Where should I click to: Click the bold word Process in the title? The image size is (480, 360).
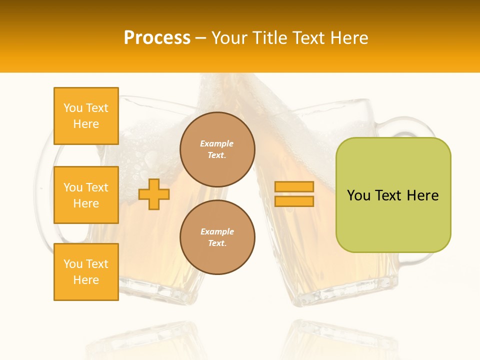point(157,38)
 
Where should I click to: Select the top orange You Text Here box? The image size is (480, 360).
point(86,116)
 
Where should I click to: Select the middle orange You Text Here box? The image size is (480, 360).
point(86,195)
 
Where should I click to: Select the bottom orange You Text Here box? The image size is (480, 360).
point(86,272)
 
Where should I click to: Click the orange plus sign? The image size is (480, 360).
point(154,194)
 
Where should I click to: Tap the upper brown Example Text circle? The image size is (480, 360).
point(217,149)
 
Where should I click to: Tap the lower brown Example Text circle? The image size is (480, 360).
point(217,237)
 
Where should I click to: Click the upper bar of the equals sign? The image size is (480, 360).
point(294,186)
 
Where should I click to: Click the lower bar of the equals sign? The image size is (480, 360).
point(294,201)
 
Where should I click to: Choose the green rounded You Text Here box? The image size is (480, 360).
point(393,195)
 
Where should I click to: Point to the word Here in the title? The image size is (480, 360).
point(350,38)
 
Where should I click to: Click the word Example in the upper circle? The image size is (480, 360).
point(217,143)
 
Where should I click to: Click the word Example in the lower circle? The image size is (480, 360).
point(217,231)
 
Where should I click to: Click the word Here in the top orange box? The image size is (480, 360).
point(86,124)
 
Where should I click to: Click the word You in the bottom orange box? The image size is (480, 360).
point(73,264)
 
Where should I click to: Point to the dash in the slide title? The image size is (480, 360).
point(200,38)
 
